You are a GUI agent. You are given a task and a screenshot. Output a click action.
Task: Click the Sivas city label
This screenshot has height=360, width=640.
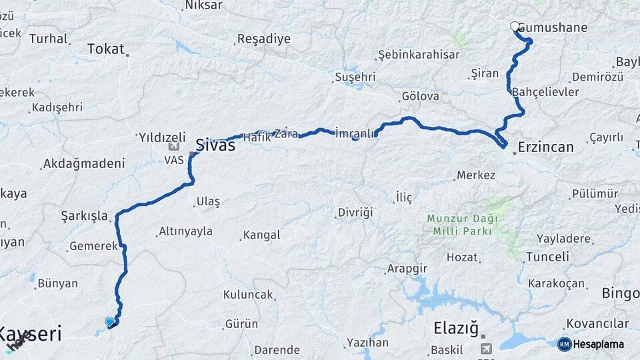[215, 145]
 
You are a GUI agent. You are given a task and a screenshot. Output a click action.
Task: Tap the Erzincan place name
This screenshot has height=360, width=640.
[545, 147]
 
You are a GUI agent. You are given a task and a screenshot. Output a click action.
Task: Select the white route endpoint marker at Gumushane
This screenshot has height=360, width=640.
[515, 27]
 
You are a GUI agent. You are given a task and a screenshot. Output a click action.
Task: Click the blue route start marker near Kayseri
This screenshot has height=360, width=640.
[109, 322]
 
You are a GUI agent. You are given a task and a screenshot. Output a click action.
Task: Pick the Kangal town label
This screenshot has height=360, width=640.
[261, 235]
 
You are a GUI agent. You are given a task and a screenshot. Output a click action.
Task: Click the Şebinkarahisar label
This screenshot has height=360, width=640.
[419, 54]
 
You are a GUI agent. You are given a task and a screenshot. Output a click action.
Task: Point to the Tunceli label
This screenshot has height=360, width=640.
[547, 257]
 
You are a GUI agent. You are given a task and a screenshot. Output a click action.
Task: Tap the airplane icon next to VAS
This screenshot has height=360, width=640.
[174, 146]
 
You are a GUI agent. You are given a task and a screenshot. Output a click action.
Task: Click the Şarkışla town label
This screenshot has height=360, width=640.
[84, 216]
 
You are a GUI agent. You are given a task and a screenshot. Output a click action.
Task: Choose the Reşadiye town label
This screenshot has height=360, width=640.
[265, 39]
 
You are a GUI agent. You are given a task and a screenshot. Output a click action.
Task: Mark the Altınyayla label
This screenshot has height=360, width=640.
[185, 231]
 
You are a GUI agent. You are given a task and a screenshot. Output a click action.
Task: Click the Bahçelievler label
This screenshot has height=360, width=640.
[545, 92]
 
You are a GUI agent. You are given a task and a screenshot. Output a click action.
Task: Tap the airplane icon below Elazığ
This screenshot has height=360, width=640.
[486, 349]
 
